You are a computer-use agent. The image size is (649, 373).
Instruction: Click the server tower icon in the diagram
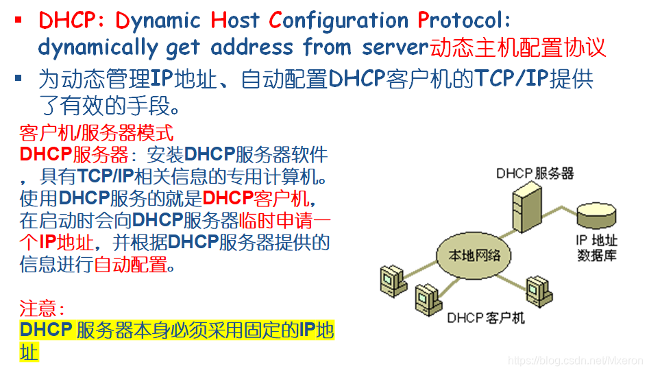click(523, 208)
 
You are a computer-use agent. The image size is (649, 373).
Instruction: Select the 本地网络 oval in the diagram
click(474, 256)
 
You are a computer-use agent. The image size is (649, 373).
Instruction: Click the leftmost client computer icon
click(391, 278)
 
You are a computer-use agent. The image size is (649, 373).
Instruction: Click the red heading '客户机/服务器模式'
click(97, 132)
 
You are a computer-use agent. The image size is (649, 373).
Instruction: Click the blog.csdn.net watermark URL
click(575, 360)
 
